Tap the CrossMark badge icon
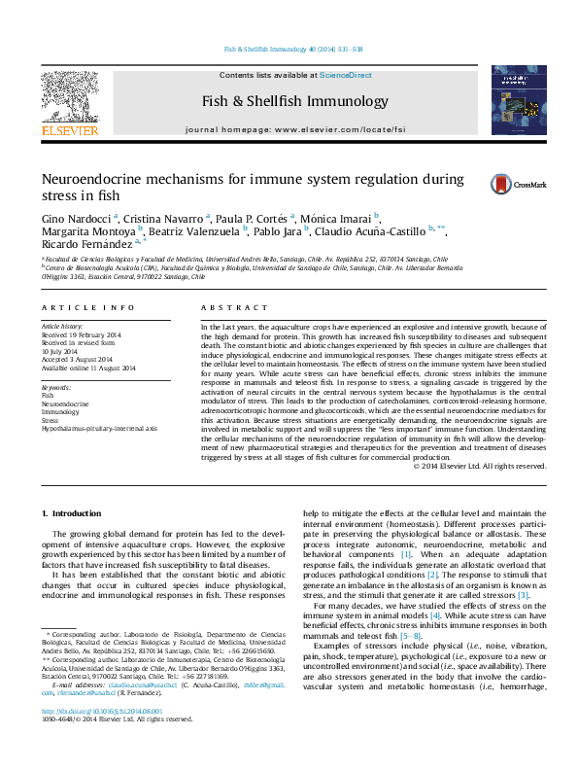[501, 183]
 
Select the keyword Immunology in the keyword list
[61, 412]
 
